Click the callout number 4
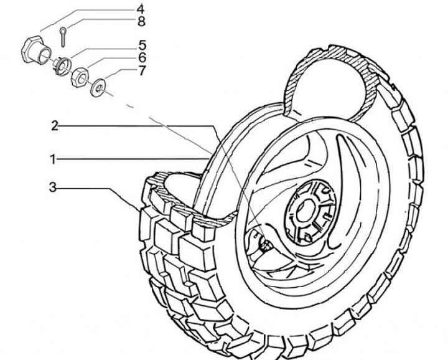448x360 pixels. [141, 9]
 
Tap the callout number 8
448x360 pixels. [141, 22]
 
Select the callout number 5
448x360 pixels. [142, 45]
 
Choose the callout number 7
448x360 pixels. [142, 70]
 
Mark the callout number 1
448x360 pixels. [54, 159]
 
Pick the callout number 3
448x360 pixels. [54, 186]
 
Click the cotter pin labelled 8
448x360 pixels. [65, 37]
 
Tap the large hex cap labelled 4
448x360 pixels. [32, 48]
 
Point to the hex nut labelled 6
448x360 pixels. [80, 78]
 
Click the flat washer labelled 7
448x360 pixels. [98, 88]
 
